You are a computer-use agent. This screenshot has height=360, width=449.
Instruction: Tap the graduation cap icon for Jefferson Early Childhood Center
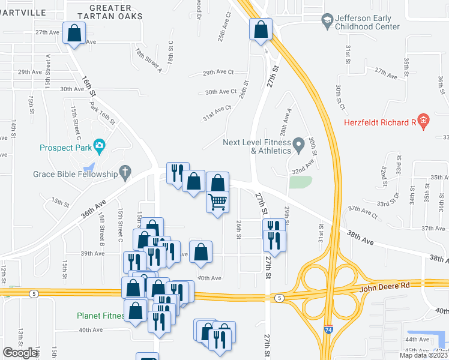coord(327,22)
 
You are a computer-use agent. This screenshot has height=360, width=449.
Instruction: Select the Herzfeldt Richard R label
coord(380,122)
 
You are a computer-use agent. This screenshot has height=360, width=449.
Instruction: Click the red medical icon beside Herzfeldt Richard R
coord(423,122)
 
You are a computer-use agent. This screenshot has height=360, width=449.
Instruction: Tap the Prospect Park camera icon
coord(99,146)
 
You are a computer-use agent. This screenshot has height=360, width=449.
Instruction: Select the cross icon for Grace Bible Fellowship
coord(125,172)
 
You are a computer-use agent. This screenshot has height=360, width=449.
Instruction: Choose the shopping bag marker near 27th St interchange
coord(261,29)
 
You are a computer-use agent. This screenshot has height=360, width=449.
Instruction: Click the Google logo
coord(20,353)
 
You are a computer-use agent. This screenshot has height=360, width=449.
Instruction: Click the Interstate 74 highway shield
coord(327,347)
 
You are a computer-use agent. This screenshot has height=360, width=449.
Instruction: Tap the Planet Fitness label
coord(100,316)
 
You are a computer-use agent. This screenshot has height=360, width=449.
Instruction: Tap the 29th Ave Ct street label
coord(218,72)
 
